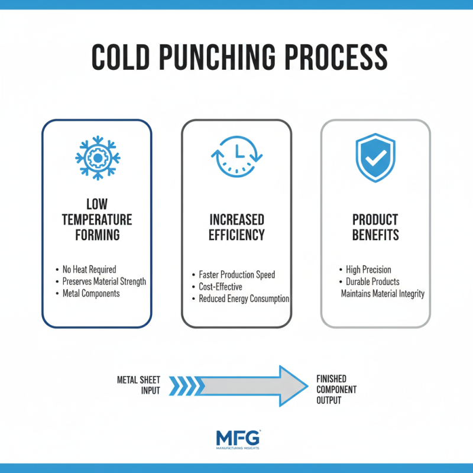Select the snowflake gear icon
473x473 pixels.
98,158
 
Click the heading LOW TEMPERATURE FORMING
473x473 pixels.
97,220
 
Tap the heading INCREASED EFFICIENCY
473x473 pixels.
237,227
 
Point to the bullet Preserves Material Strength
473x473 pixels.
104,281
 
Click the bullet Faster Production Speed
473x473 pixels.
237,275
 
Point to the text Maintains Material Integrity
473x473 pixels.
383,293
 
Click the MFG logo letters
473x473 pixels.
237,439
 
